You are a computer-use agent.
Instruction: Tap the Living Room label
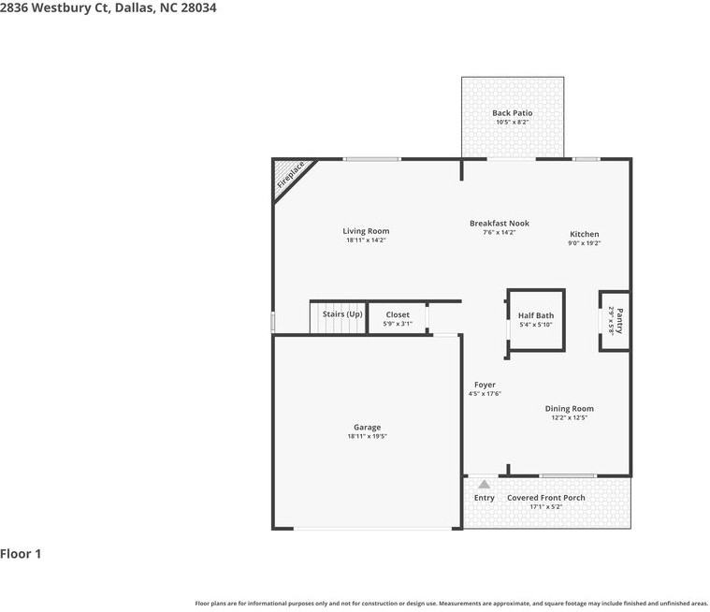[x=366, y=231]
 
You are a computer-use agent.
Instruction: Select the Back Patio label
[x=512, y=113]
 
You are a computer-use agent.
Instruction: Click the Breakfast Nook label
[x=499, y=224]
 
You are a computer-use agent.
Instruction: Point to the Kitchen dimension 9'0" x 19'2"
[x=585, y=243]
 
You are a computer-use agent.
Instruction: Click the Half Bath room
[x=536, y=319]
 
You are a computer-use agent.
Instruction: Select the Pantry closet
[x=615, y=320]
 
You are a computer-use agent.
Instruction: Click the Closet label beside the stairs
[x=397, y=315]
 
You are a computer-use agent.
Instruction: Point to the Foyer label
[x=485, y=385]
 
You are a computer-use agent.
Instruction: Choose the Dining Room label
[x=569, y=409]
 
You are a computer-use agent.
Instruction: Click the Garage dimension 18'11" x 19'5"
[x=367, y=437]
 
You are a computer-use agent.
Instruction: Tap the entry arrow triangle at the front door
[x=484, y=484]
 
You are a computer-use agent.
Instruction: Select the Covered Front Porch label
[x=546, y=498]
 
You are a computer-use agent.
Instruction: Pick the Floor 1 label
[x=21, y=554]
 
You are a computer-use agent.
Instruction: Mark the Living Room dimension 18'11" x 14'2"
[x=366, y=240]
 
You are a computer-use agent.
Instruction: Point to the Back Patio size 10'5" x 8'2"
[x=512, y=123]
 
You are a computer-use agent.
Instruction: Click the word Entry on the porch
[x=484, y=498]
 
